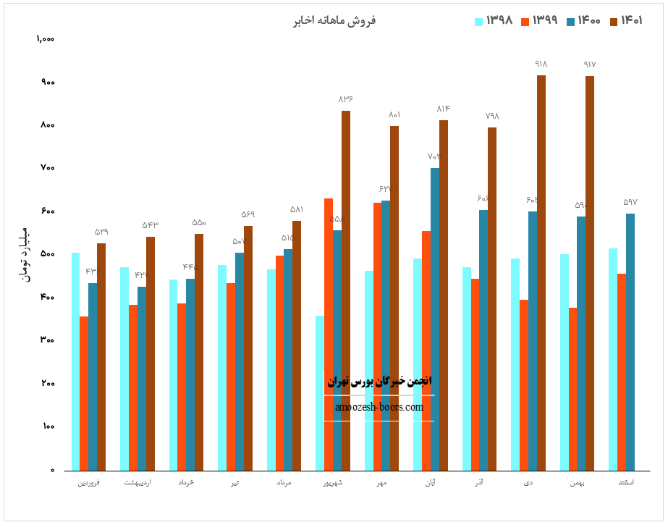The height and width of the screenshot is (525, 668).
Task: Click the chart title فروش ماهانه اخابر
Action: click(334, 21)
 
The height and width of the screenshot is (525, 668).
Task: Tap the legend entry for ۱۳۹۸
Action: click(493, 21)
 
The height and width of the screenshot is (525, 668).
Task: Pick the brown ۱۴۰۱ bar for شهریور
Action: click(346, 290)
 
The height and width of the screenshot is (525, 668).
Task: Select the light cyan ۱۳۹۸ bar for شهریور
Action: click(320, 392)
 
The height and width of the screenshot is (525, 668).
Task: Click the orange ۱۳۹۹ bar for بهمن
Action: click(573, 389)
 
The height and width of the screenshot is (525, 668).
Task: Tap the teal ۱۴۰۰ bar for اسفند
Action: click(630, 342)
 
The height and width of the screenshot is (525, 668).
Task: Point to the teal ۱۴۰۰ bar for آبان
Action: click(435, 319)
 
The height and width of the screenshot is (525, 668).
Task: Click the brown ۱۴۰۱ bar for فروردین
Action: click(101, 356)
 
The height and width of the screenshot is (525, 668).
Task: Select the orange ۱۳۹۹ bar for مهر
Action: click(378, 336)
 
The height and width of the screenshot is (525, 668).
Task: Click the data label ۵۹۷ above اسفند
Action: click(630, 202)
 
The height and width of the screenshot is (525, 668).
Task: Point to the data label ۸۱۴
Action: click(444, 109)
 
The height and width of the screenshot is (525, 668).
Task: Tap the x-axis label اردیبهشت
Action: click(138, 482)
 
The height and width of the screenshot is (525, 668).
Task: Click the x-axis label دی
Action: click(528, 482)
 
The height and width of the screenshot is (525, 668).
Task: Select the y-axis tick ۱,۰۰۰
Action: click(46, 39)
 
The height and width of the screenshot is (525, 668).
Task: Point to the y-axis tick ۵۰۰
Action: click(48, 254)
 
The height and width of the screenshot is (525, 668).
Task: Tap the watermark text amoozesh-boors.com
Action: click(379, 408)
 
